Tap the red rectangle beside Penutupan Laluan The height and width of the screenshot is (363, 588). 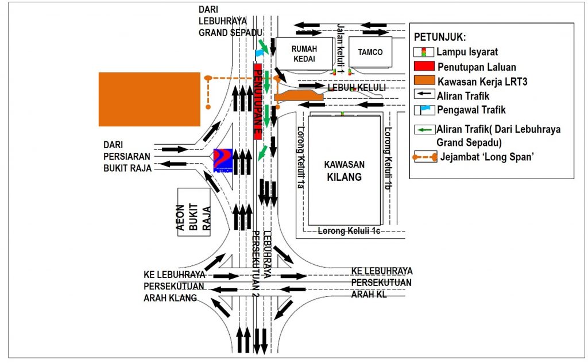[x=423, y=67]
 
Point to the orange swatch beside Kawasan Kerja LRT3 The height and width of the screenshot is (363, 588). [x=423, y=81]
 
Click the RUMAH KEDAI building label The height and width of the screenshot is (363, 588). [x=304, y=53]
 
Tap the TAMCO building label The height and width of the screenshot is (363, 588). [x=370, y=52]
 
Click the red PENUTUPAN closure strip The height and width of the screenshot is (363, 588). [x=258, y=101]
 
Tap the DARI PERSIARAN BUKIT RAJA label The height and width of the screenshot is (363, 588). [x=127, y=156]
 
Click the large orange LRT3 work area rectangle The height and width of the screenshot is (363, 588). [x=149, y=99]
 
